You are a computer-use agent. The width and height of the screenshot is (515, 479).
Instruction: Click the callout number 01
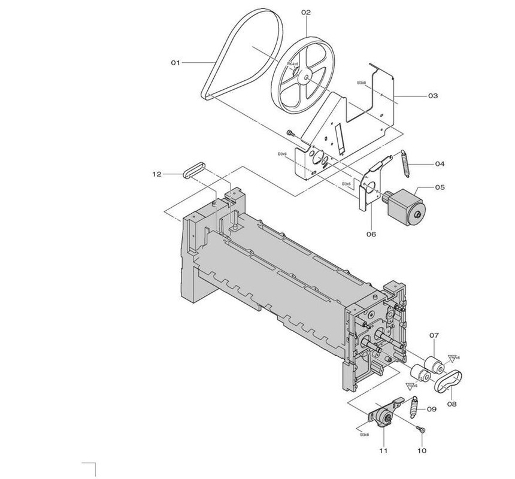point(176,62)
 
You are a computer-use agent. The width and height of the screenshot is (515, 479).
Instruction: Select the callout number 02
point(306,12)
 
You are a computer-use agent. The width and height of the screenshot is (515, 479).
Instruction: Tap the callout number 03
point(432,95)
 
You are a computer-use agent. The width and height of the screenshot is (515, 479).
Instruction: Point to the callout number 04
point(440,163)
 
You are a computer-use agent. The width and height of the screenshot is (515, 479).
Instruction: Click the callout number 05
point(440,187)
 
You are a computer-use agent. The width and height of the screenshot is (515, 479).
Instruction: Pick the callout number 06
point(371,234)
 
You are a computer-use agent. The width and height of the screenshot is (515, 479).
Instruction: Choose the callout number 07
point(434,336)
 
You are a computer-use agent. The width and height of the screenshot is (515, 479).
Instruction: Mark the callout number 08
point(452,404)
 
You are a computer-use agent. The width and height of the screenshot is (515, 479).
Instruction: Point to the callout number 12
point(157,174)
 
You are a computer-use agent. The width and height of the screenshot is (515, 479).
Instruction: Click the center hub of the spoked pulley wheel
point(305,77)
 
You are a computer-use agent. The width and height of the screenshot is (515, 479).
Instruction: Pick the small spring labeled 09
point(413,408)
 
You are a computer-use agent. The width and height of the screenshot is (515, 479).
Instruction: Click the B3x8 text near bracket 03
point(362,83)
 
